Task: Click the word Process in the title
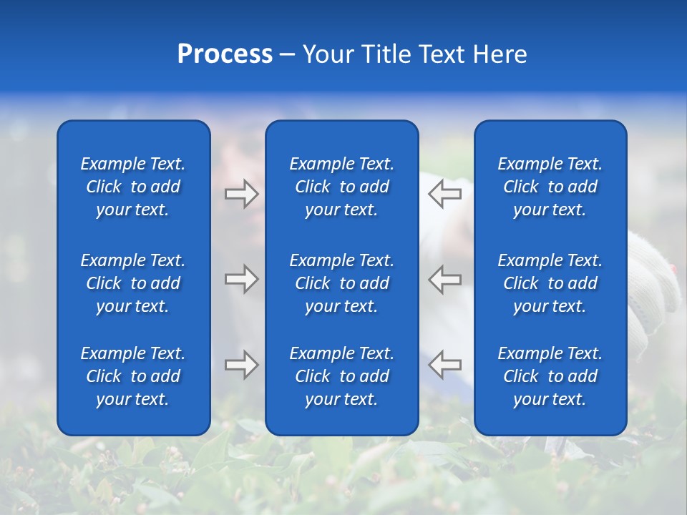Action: pyautogui.click(x=225, y=54)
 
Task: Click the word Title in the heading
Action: pyautogui.click(x=387, y=54)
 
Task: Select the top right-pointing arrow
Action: pyautogui.click(x=241, y=193)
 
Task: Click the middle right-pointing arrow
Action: pyautogui.click(x=241, y=279)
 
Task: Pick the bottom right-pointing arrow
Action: pyautogui.click(x=241, y=365)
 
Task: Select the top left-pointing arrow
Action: pyautogui.click(x=444, y=193)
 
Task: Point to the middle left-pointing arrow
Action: pyautogui.click(x=444, y=279)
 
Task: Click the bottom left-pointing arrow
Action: pyautogui.click(x=444, y=365)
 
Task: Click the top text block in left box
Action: pyautogui.click(x=133, y=187)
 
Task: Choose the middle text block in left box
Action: pyautogui.click(x=133, y=283)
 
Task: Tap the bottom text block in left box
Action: pyautogui.click(x=133, y=376)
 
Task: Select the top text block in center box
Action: pyautogui.click(x=341, y=187)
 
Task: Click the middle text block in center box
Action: pyautogui.click(x=341, y=283)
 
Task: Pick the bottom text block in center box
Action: pyautogui.click(x=341, y=376)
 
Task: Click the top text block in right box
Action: pyautogui.click(x=550, y=187)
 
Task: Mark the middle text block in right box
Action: pyautogui.click(x=550, y=283)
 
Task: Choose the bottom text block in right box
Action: pyautogui.click(x=550, y=376)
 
